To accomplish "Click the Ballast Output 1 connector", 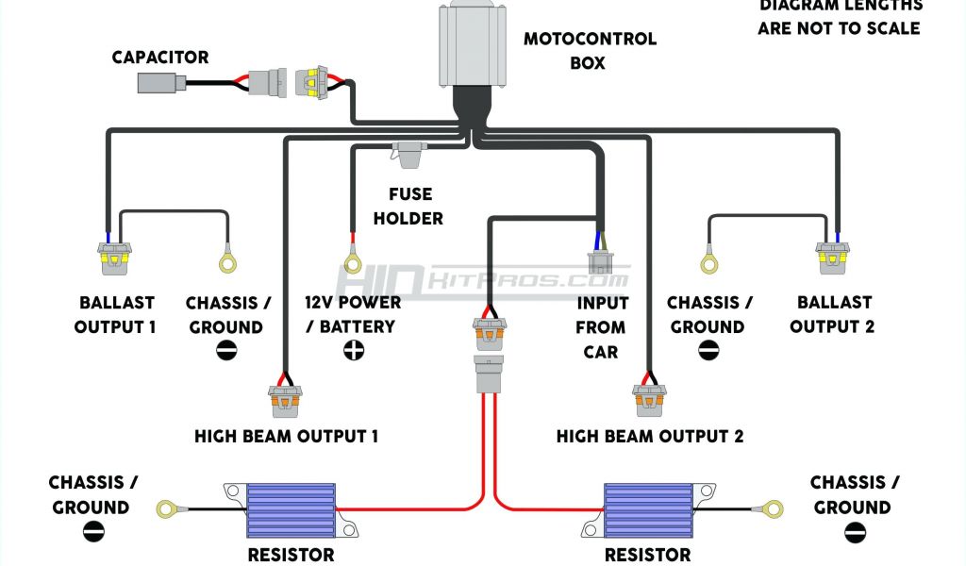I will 114,258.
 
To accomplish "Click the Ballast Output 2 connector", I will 834,258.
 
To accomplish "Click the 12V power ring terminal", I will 353,261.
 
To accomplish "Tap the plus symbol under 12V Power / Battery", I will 354,351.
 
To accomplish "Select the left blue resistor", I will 291,510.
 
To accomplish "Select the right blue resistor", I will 647,510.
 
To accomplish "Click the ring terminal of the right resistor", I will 774,509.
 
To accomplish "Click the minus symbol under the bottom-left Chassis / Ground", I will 93,532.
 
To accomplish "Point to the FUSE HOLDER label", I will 408,206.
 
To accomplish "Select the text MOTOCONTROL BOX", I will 590,51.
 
